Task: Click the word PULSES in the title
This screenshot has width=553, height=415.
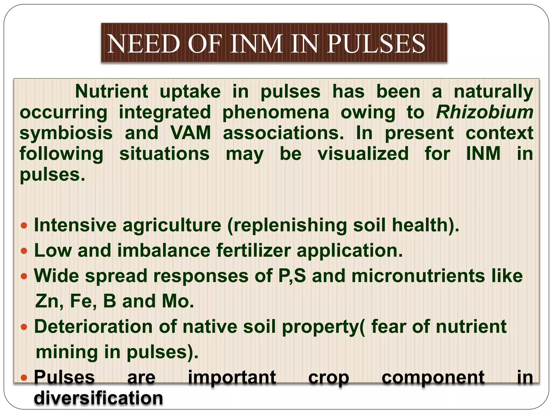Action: (x=376, y=44)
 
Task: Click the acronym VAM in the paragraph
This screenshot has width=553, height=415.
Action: (x=191, y=133)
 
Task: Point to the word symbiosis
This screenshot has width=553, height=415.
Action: (x=66, y=133)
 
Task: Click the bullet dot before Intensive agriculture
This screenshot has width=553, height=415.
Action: (x=24, y=225)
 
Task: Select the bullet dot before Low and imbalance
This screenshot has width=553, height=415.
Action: (x=24, y=251)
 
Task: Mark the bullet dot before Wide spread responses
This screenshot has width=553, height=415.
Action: (x=24, y=276)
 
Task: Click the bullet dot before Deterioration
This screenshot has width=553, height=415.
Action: (x=24, y=327)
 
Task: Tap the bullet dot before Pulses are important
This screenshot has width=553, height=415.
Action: (x=24, y=377)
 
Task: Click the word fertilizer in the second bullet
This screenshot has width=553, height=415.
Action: (x=253, y=250)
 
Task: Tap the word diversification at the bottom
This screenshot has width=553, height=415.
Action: (x=98, y=398)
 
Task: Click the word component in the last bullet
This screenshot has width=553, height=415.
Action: (x=433, y=377)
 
